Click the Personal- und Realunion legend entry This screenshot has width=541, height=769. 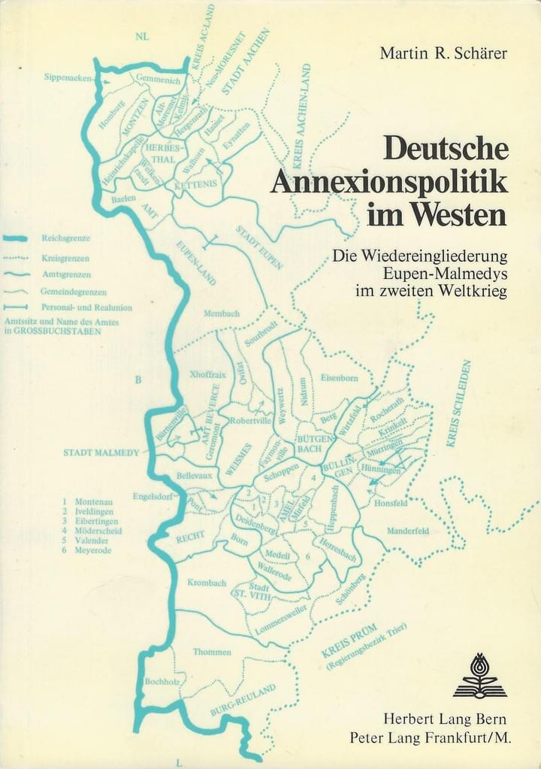tap(86, 307)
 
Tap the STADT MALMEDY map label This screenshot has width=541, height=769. tap(101, 453)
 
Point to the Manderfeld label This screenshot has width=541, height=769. tap(408, 531)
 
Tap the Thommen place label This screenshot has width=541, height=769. tap(212, 652)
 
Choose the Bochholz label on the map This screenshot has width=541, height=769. tap(160, 681)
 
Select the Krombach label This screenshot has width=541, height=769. tap(207, 583)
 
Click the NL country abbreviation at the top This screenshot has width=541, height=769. tap(142, 36)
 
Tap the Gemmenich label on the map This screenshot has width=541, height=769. tap(156, 77)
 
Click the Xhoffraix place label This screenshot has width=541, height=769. tap(209, 374)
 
